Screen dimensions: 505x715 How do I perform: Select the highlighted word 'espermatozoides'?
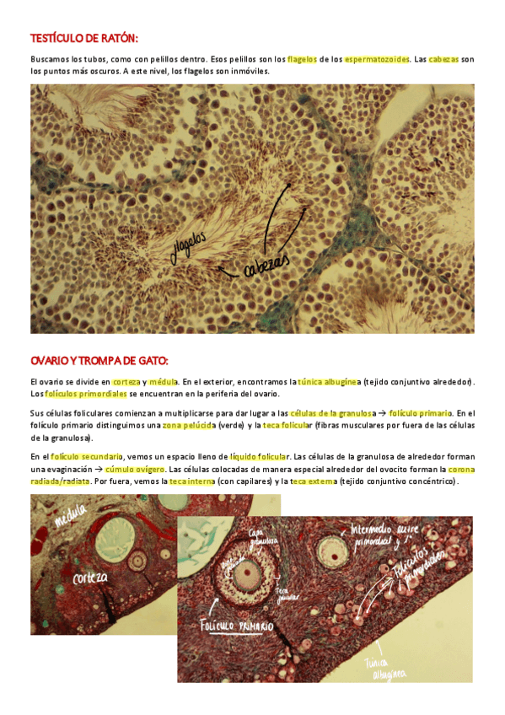[x=376, y=59]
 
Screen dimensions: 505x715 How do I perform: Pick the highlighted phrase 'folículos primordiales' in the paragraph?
[x=86, y=394]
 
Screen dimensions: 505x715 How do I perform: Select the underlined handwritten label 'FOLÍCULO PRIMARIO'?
[x=236, y=626]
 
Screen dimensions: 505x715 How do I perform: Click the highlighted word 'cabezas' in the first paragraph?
[x=443, y=59]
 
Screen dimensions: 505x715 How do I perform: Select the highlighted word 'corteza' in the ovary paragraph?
[x=126, y=382]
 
